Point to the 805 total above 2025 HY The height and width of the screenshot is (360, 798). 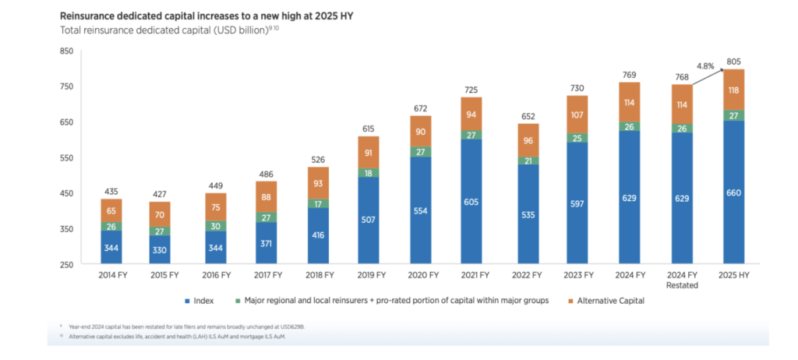tap(733, 62)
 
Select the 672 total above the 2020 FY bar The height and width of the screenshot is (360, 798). tap(421, 108)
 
